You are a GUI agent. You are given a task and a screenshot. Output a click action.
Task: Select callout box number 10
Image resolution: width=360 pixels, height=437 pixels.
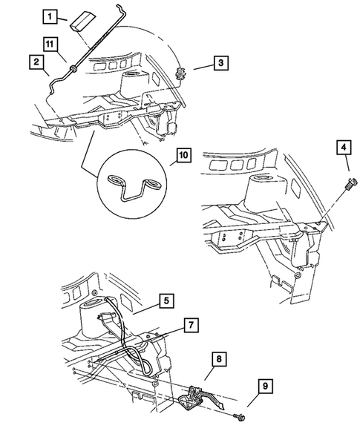pyautogui.click(x=182, y=156)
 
